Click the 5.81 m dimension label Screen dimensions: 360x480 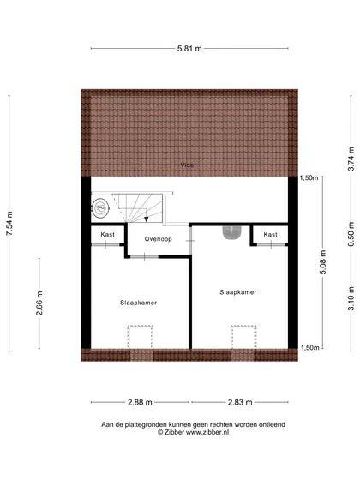click(189, 48)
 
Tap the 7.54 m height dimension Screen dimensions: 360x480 click(9, 224)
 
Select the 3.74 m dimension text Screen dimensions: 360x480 click(351, 159)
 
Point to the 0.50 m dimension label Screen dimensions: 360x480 click(351, 234)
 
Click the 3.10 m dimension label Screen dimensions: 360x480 click(351, 298)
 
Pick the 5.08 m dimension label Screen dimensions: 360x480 click(323, 262)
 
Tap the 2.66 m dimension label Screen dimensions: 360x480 click(39, 303)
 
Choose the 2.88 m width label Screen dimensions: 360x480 click(140, 402)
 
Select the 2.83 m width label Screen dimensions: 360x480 click(240, 402)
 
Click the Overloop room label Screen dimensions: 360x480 click(159, 239)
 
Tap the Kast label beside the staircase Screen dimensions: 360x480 click(107, 235)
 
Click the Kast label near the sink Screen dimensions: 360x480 click(270, 235)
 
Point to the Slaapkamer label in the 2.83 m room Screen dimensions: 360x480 click(238, 292)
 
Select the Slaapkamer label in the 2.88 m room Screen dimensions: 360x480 click(138, 303)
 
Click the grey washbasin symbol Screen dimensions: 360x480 click(232, 232)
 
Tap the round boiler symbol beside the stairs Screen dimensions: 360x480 click(100, 208)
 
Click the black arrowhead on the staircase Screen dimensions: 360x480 click(147, 219)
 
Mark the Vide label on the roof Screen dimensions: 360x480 click(187, 165)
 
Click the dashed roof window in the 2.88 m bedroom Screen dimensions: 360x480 click(141, 337)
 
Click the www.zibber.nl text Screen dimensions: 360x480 click(207, 432)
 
